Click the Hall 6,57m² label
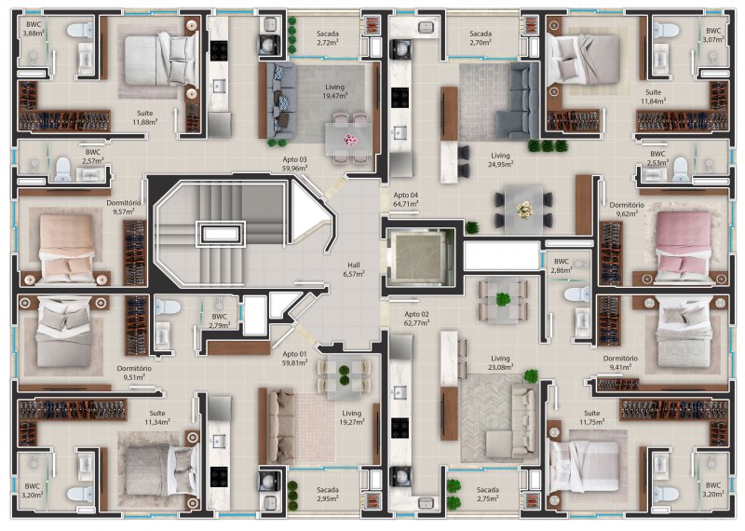(x=354, y=269)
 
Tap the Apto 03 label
(x=294, y=159)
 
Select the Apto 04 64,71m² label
(x=406, y=199)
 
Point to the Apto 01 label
(x=294, y=354)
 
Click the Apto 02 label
(x=416, y=314)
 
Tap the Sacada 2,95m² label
(x=328, y=494)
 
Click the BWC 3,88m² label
(x=34, y=29)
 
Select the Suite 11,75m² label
(x=592, y=417)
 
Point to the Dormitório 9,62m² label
(x=627, y=210)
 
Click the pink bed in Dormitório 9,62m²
(x=684, y=246)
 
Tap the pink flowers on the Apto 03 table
(x=350, y=140)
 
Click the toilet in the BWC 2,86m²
(x=576, y=294)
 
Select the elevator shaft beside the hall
(x=418, y=257)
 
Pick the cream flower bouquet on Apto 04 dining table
(x=524, y=209)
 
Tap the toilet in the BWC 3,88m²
(x=81, y=31)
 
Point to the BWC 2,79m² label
(x=220, y=320)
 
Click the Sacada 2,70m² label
(x=481, y=38)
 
